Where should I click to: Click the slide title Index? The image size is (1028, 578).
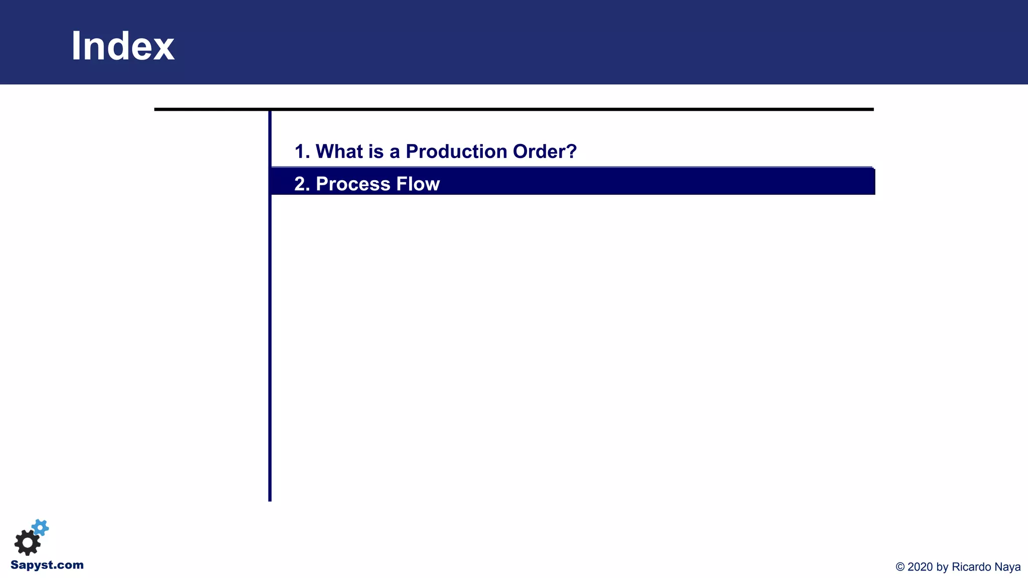point(122,46)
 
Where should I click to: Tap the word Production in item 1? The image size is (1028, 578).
point(456,152)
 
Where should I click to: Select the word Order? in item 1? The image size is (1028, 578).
point(545,152)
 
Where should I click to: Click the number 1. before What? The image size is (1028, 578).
point(302,152)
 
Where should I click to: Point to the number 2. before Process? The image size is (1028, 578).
point(302,184)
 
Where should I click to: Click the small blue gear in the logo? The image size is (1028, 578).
point(40,528)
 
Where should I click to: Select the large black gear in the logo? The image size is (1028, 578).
point(27,542)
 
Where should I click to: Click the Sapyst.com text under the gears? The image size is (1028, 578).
point(47,565)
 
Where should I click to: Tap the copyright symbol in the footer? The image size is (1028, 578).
point(900,567)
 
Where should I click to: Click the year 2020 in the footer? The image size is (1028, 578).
point(921,567)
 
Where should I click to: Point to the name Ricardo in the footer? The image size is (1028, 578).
point(972,567)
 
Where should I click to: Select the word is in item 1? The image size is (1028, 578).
point(376,152)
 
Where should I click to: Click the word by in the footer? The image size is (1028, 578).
point(942,567)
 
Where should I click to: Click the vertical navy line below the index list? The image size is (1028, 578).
point(270,351)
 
